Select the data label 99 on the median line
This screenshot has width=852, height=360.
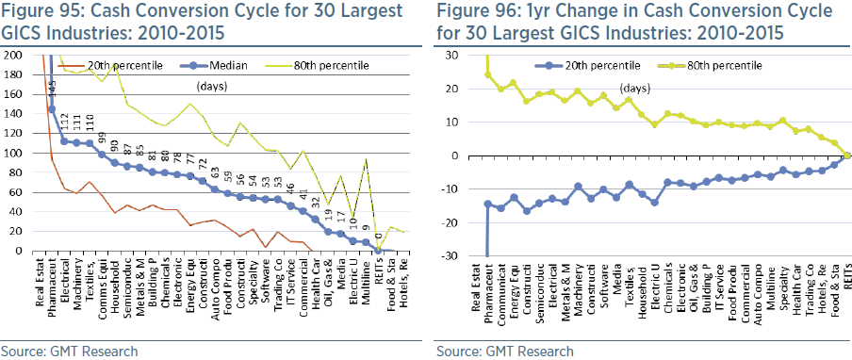(x=103, y=135)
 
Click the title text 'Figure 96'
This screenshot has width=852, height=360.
(x=477, y=12)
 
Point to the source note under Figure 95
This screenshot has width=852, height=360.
(x=70, y=351)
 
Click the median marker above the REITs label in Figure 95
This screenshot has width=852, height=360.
(x=379, y=250)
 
